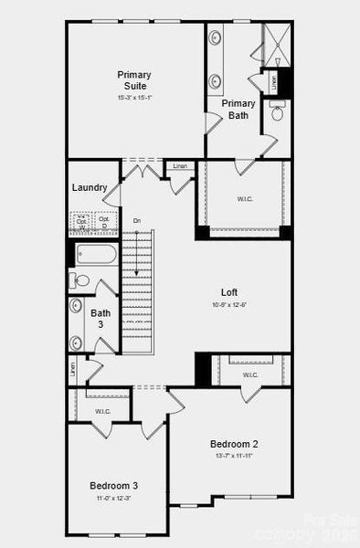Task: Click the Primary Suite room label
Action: point(134,79)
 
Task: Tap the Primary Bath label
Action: point(238,109)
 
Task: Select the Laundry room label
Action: point(90,188)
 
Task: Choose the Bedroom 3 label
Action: point(113,485)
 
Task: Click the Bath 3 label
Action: point(101,319)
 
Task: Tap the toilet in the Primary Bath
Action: point(278,113)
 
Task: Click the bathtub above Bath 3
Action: point(96,253)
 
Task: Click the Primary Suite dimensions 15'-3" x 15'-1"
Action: point(134,98)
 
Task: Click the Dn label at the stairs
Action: point(136,221)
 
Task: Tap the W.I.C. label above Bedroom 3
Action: point(102,411)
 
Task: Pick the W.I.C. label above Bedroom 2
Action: point(250,374)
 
